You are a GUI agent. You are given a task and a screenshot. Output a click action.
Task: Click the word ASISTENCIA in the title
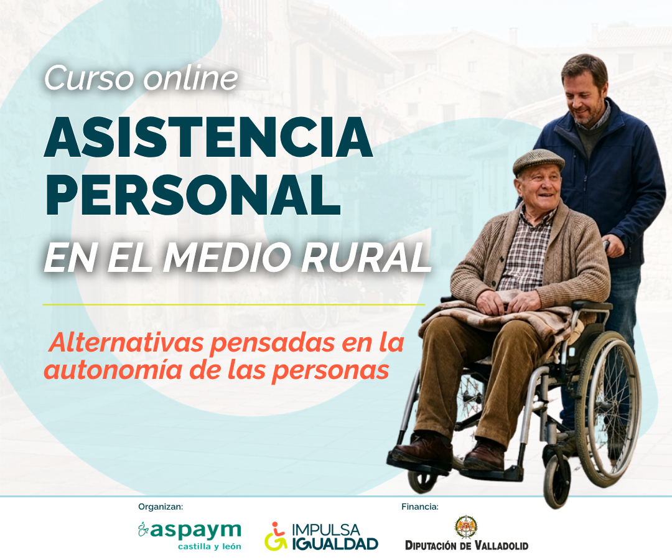coord(208,137)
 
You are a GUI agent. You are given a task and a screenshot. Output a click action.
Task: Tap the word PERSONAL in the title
coord(192,195)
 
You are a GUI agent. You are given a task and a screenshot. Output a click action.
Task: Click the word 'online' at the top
coord(191,78)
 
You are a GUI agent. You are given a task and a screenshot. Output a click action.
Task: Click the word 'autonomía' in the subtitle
coord(113,370)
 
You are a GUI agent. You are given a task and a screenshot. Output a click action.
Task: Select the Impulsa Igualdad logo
coord(321,536)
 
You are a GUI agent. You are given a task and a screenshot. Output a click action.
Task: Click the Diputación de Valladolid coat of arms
coord(466,527)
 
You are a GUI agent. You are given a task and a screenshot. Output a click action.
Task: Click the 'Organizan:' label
coord(161,507)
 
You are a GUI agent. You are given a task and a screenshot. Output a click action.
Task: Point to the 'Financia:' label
coord(420,507)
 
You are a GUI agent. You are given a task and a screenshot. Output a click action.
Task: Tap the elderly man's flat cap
coord(538,162)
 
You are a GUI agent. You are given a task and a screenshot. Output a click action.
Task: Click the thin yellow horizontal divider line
coord(234,305)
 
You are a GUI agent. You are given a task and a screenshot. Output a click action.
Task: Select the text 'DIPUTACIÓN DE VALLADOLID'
coord(467,546)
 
